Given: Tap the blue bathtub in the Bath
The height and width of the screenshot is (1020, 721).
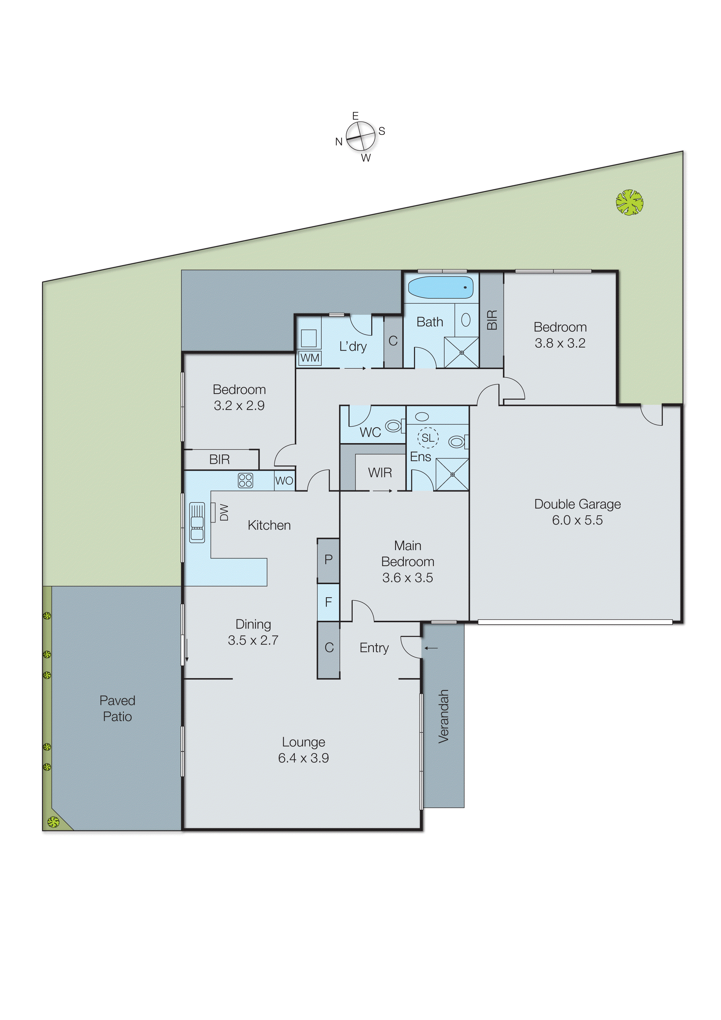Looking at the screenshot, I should (440, 288).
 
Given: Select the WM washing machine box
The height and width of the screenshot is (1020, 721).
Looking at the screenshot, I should (310, 358).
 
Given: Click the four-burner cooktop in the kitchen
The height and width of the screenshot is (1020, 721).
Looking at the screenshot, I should (245, 480).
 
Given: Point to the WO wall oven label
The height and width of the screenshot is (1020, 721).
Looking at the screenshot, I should (284, 481).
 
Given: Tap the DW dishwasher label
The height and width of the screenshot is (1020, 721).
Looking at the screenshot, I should (224, 512).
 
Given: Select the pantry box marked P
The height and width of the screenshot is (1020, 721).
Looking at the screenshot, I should (328, 560).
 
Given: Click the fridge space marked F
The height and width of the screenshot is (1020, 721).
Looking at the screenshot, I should (328, 602).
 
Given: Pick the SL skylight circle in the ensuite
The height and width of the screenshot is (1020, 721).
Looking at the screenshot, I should (428, 438).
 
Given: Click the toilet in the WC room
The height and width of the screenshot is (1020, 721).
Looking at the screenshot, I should (393, 426).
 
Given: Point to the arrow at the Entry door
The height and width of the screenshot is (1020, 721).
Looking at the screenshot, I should (431, 648).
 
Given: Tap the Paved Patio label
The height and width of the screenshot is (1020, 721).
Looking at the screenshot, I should (117, 708).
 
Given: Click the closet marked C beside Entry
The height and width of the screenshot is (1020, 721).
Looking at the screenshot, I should (329, 648).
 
